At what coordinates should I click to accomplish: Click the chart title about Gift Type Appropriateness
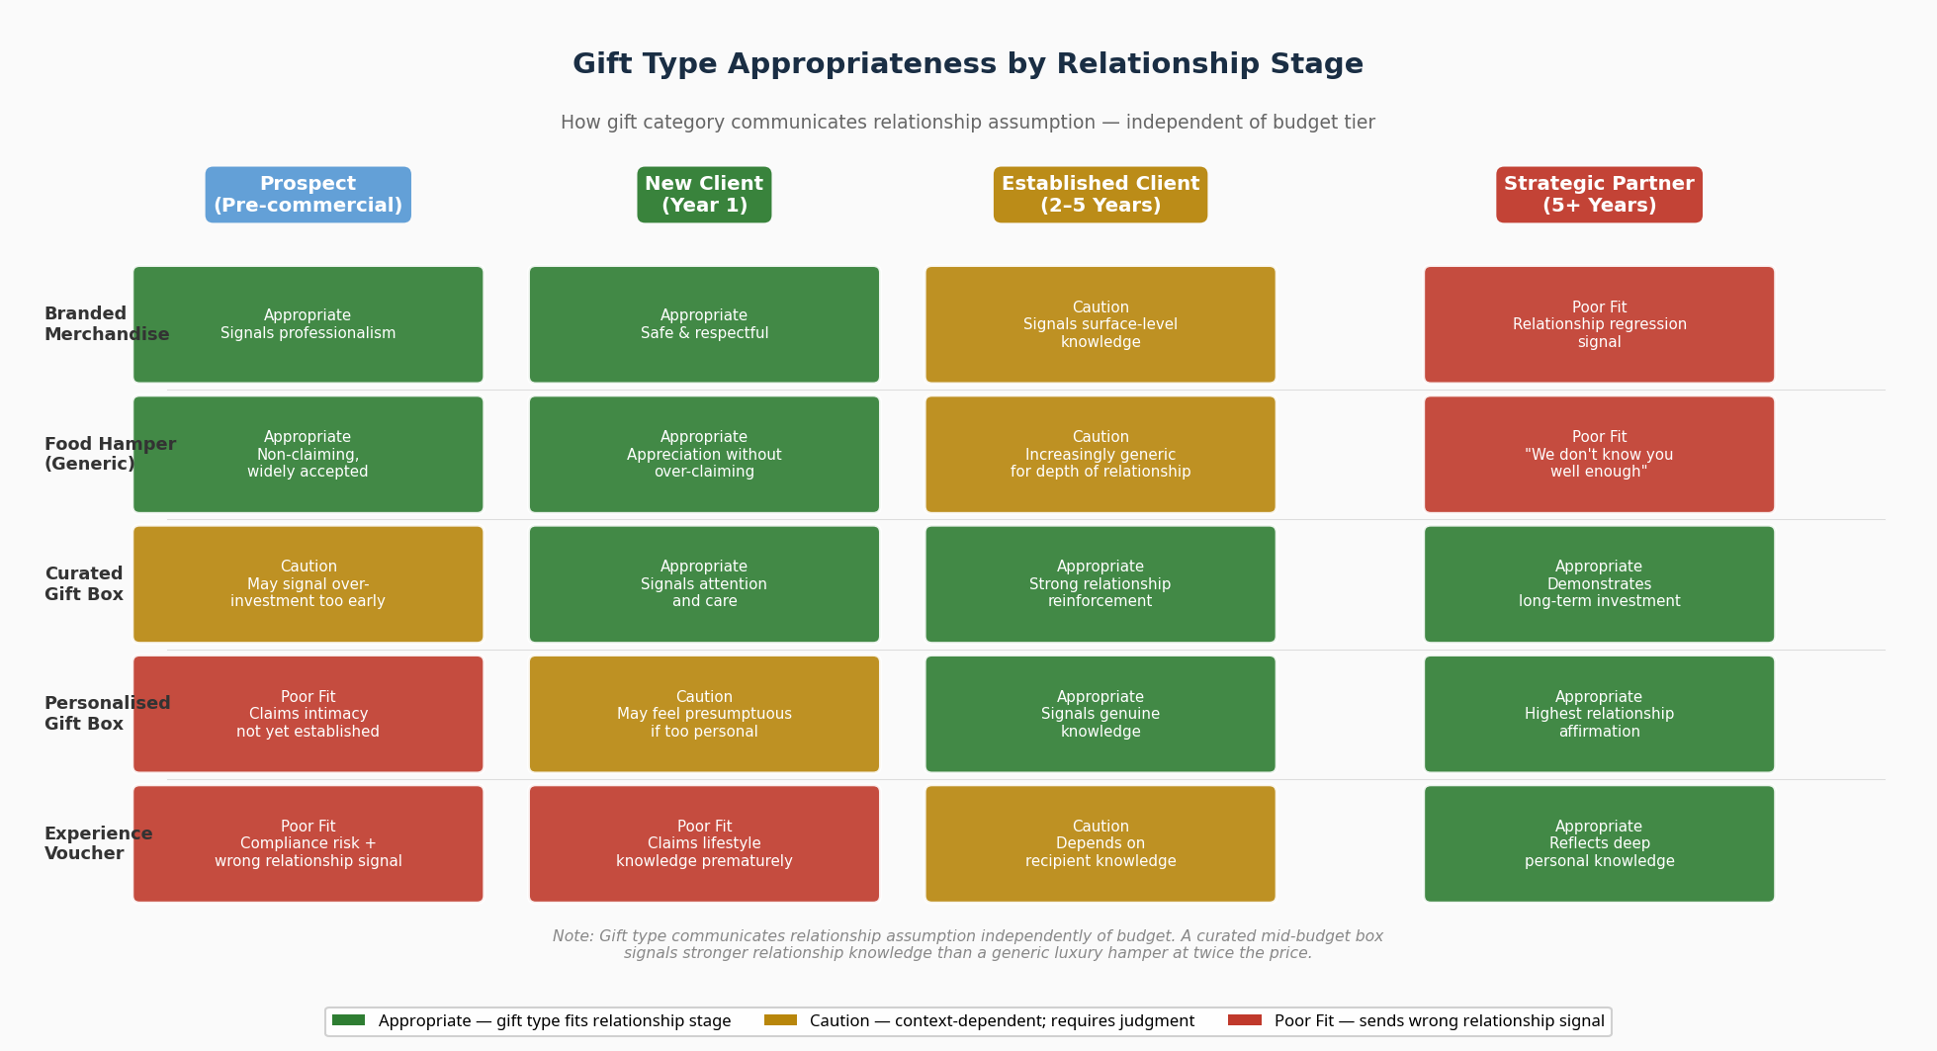coord(967,64)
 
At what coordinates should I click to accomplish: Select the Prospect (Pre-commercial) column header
coord(308,195)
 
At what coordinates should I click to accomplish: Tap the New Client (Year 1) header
coord(704,195)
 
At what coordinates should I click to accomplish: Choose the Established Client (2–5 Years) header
coord(1100,195)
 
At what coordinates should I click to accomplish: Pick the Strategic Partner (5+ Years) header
coord(1598,195)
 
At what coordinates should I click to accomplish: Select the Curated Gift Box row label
coord(84,584)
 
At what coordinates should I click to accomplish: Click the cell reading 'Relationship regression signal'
coord(1598,324)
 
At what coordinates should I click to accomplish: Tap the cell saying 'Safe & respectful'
coord(704,324)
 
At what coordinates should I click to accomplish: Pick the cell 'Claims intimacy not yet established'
coord(308,714)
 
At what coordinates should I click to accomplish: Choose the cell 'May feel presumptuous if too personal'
coord(704,714)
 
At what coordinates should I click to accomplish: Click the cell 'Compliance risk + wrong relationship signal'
coord(308,843)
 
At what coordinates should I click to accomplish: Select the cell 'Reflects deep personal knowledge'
coord(1598,843)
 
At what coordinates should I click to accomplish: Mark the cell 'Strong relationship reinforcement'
coord(1100,584)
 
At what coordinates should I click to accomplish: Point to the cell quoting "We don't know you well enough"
coord(1598,454)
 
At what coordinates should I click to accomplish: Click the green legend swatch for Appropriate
coord(348,1020)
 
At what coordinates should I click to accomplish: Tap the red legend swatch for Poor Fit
coord(1244,1020)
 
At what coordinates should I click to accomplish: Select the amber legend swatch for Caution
coord(780,1020)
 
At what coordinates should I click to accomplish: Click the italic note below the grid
coord(967,944)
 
